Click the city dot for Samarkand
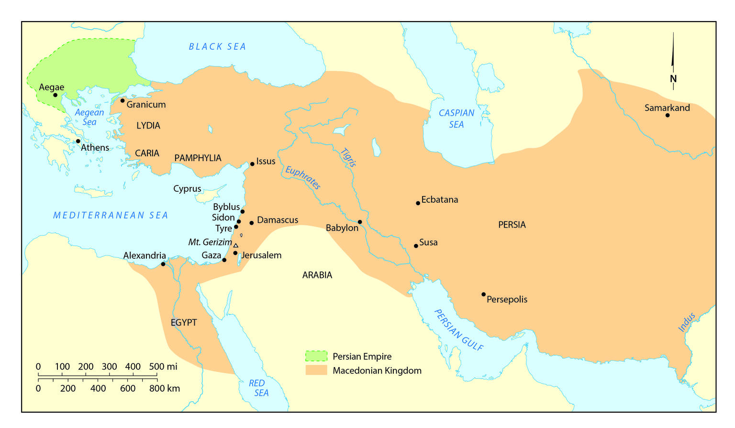click(x=668, y=115)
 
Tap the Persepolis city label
click(x=507, y=300)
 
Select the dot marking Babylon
click(x=360, y=222)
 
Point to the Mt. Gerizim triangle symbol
click(x=235, y=245)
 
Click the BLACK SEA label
click(x=217, y=46)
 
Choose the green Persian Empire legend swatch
click(x=316, y=356)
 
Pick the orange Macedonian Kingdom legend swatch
click(x=316, y=370)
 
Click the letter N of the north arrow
click(x=673, y=79)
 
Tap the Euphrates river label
click(x=303, y=178)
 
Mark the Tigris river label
click(x=348, y=157)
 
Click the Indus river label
click(x=687, y=323)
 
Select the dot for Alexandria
click(x=163, y=264)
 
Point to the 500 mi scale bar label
click(x=163, y=367)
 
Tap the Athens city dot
click(x=78, y=141)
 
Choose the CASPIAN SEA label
click(x=457, y=118)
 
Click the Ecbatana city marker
click(x=418, y=203)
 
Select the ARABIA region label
click(x=317, y=275)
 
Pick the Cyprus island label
click(x=187, y=189)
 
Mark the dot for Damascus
click(x=251, y=223)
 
